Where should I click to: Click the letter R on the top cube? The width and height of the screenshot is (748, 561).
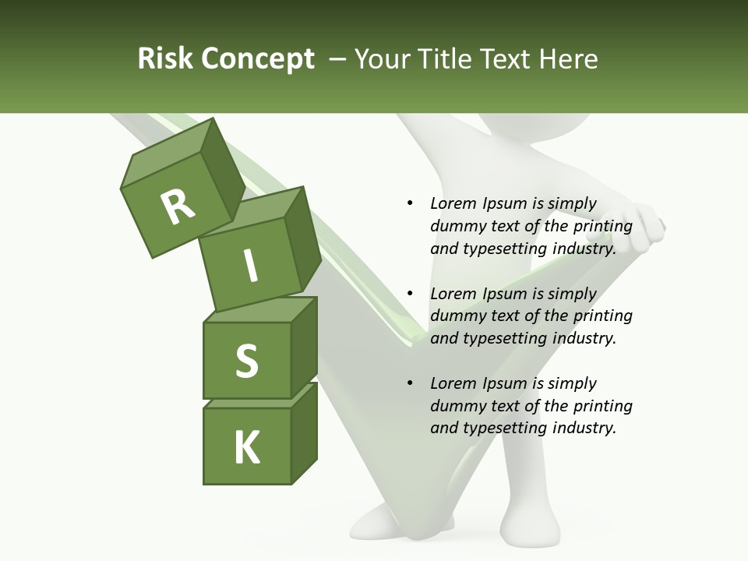178,206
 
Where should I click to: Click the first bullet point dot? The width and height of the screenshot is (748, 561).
410,204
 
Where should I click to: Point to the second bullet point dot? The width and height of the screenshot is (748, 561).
410,294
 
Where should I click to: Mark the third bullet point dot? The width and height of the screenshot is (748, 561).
410,383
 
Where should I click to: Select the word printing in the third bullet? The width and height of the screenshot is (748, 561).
603,405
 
